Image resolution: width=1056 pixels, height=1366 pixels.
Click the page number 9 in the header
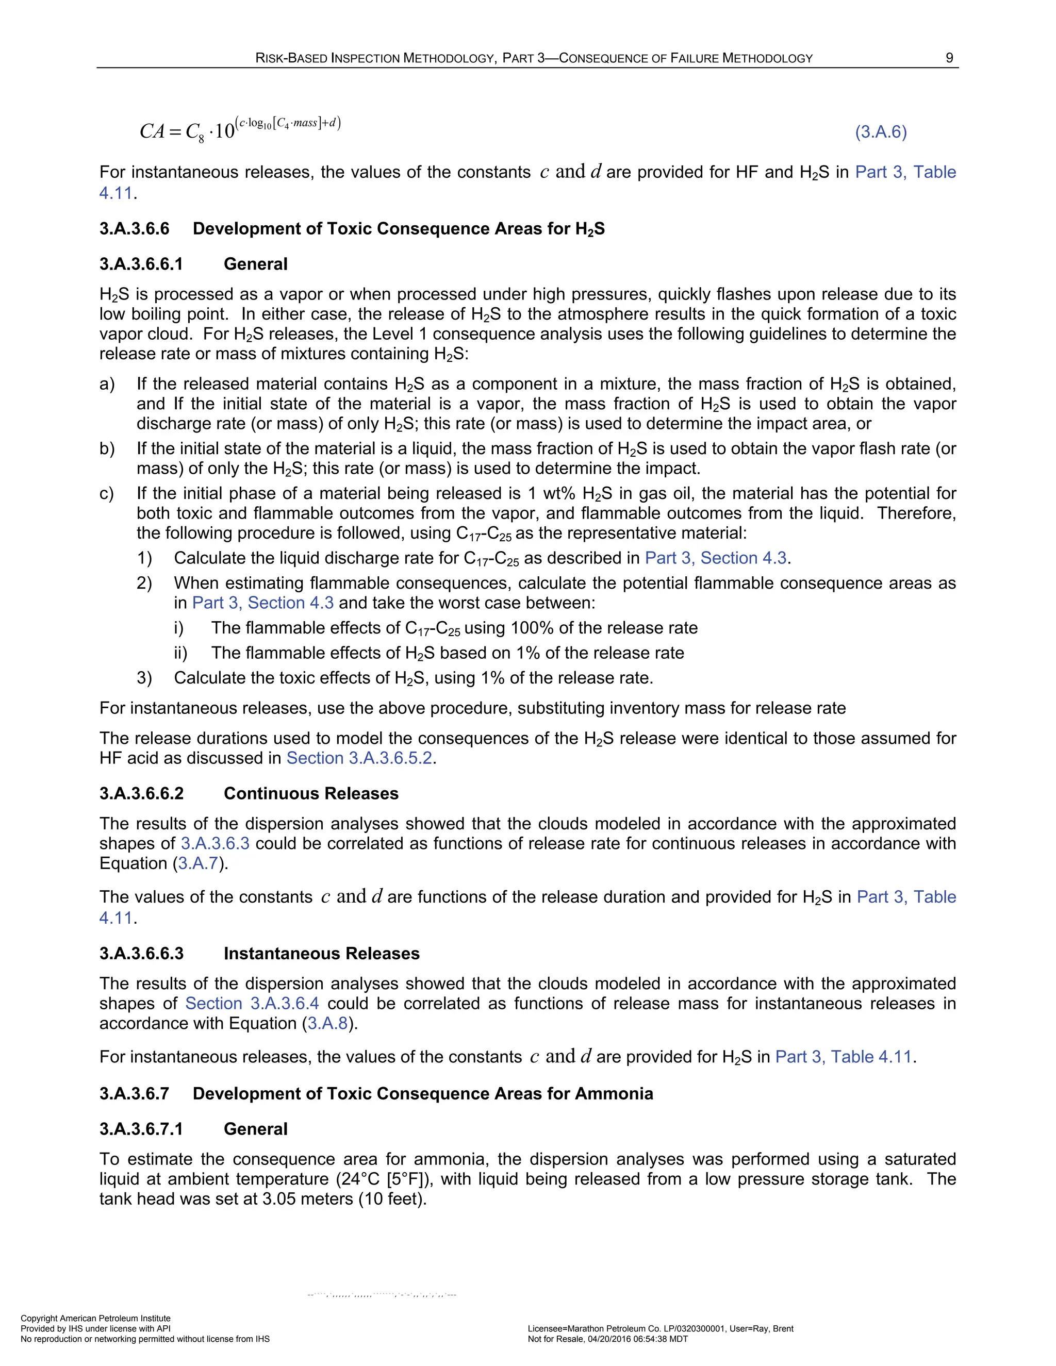click(x=949, y=58)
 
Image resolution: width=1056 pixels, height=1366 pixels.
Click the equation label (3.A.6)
click(x=881, y=132)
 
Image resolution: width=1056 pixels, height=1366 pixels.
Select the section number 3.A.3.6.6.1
click(x=141, y=264)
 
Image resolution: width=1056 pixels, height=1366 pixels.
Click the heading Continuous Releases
click(x=311, y=793)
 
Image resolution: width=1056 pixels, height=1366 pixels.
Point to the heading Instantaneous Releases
click(x=322, y=953)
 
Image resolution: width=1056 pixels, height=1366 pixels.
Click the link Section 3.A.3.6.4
click(x=252, y=1003)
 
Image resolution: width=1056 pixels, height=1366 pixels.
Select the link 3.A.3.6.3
click(x=215, y=843)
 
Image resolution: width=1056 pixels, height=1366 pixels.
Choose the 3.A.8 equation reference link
click(x=327, y=1023)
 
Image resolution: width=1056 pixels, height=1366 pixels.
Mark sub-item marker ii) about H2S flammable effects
click(x=181, y=653)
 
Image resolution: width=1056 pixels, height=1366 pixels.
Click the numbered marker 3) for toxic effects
click(x=144, y=678)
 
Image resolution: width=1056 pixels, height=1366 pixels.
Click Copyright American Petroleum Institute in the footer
click(x=95, y=1318)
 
